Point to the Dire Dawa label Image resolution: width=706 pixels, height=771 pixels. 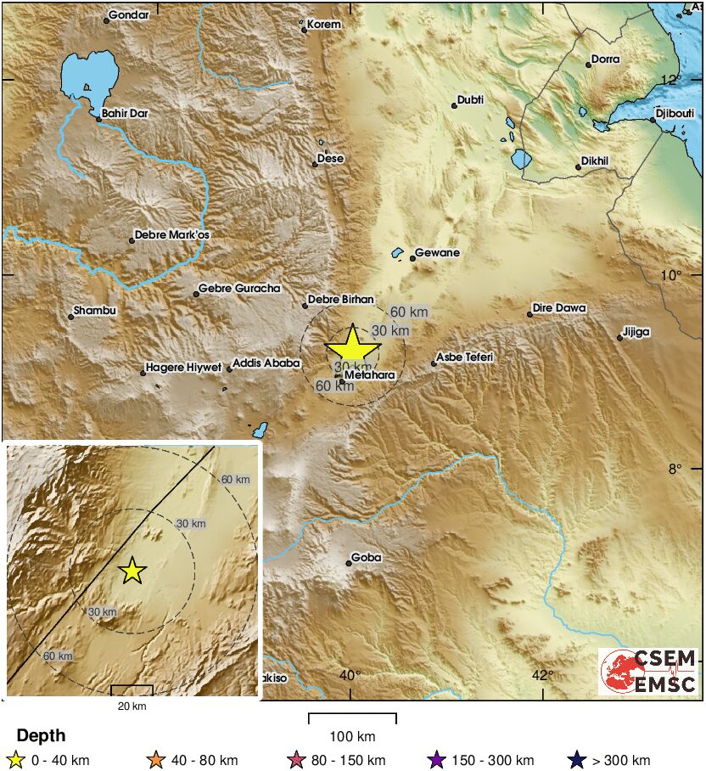click(x=560, y=308)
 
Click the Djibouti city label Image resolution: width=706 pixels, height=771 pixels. click(x=675, y=113)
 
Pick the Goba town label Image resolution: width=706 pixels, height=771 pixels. click(x=367, y=558)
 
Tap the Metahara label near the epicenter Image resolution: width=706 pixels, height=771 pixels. click(x=371, y=374)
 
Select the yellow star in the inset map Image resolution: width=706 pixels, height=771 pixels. click(x=132, y=571)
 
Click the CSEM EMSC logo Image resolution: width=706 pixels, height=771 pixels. click(x=649, y=672)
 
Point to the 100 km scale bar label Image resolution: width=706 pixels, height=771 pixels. click(x=352, y=736)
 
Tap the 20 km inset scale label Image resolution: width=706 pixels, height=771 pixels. click(x=132, y=706)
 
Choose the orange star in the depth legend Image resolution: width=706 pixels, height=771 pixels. click(x=154, y=760)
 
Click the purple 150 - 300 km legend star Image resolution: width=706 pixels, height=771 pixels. click(x=437, y=760)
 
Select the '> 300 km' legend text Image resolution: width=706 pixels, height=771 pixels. click(x=622, y=761)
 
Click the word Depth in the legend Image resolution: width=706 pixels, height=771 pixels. click(x=41, y=736)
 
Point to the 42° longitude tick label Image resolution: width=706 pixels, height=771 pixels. click(x=543, y=675)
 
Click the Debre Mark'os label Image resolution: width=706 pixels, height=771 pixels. click(x=171, y=235)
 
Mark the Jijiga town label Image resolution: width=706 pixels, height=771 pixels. click(x=636, y=332)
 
